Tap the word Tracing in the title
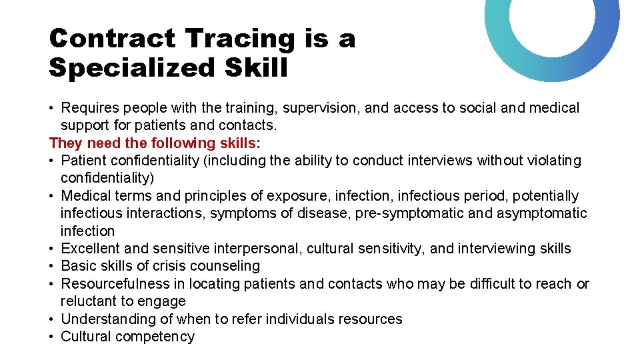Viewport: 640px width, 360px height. point(239,39)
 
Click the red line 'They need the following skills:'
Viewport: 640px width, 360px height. point(155,143)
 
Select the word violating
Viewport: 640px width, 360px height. point(550,161)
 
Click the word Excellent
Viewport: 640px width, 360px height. point(90,249)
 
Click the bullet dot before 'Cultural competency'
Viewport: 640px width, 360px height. point(52,337)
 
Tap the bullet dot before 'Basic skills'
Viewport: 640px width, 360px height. point(52,266)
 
